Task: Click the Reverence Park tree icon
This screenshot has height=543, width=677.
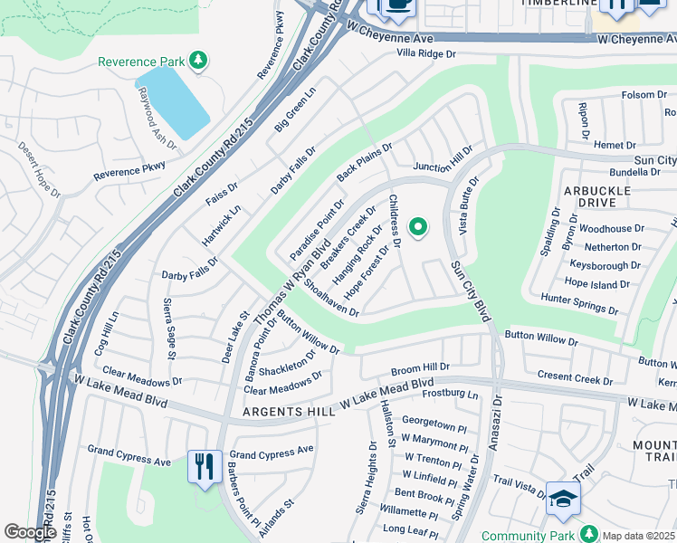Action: click(198, 62)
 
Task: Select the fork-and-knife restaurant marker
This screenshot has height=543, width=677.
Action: click(204, 467)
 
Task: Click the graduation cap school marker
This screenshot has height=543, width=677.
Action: click(563, 500)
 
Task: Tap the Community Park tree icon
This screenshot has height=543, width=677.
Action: click(589, 535)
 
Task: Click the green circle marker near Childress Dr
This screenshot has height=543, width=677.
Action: click(418, 228)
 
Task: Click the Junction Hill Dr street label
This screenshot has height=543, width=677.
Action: click(443, 158)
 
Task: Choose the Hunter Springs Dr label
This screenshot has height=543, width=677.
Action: click(579, 302)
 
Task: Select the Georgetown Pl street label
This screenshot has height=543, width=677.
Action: click(434, 421)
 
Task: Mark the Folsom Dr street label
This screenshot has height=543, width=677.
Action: click(644, 95)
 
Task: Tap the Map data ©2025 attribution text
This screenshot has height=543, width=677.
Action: click(639, 535)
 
